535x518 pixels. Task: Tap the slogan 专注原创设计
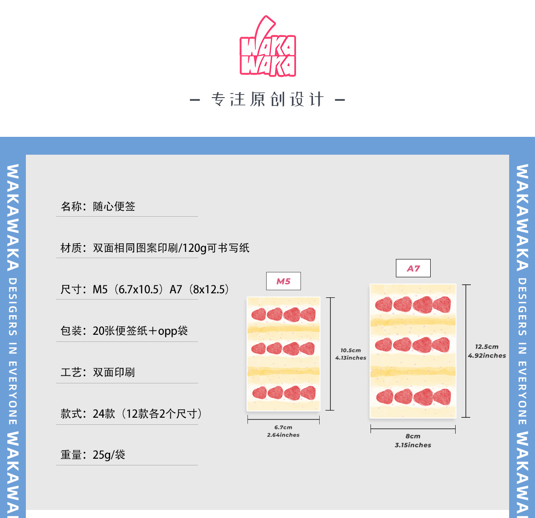click(x=267, y=99)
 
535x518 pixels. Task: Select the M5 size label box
click(x=283, y=281)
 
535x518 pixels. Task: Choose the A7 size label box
click(x=413, y=268)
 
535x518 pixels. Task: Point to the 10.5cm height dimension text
click(x=351, y=350)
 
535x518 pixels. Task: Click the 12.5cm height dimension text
click(x=487, y=346)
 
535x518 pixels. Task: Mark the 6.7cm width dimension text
click(x=284, y=427)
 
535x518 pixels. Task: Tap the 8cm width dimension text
click(x=413, y=436)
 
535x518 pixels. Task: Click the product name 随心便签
click(x=114, y=206)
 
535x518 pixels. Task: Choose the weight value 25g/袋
click(x=109, y=455)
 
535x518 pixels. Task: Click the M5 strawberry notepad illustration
click(x=284, y=354)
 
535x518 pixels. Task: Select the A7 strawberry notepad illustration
click(x=413, y=351)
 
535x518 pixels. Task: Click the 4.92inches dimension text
click(x=487, y=356)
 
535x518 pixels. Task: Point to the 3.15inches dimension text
click(x=413, y=445)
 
